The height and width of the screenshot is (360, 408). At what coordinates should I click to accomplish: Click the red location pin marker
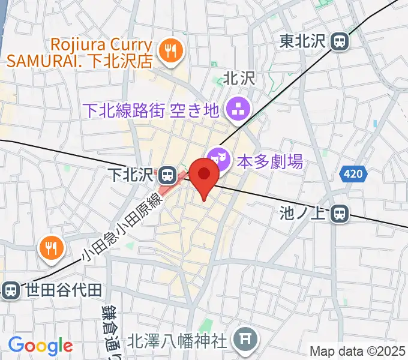point(205,175)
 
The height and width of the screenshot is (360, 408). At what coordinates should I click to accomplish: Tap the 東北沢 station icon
point(340,41)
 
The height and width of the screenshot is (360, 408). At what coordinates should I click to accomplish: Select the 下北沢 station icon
point(168,175)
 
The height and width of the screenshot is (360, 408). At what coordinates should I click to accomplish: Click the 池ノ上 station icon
point(340,212)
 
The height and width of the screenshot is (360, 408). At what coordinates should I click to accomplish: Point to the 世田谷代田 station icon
point(10,290)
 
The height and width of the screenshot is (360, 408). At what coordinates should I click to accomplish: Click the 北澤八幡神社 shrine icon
point(245,340)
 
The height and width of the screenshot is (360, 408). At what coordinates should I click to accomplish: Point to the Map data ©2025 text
point(358,351)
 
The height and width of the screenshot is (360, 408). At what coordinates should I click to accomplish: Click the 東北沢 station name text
point(304,41)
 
